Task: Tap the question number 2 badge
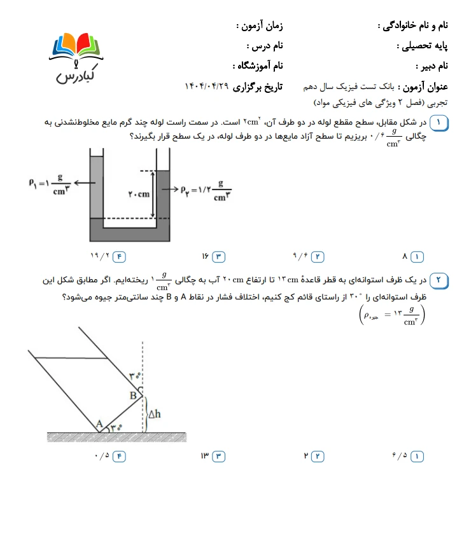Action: coord(438,280)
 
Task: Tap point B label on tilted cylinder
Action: coord(133,395)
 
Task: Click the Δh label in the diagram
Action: coord(154,414)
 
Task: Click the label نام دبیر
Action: coord(432,65)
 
